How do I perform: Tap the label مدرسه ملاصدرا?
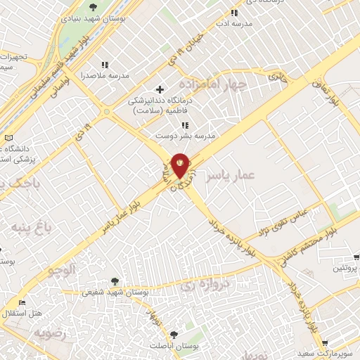pos(105,75)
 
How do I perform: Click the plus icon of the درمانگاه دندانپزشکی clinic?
pos(160,89)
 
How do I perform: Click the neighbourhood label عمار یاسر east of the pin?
pos(229,175)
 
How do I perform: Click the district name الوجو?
pos(61,270)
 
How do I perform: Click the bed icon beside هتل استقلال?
pos(23,302)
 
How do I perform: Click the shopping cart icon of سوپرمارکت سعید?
pos(325,344)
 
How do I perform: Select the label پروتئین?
pos(345,269)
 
